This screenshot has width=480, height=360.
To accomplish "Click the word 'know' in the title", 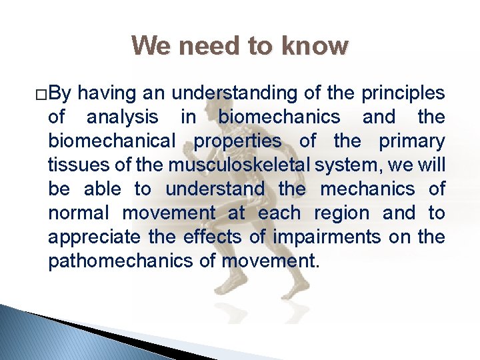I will pyautogui.click(x=315, y=46).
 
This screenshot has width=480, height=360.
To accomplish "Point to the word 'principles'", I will pyautogui.click(x=403, y=93).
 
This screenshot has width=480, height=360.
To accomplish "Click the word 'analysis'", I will pyautogui.click(x=123, y=117).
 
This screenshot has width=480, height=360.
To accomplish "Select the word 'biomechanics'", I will pyautogui.click(x=279, y=117).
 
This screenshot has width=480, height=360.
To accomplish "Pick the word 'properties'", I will pyautogui.click(x=237, y=141).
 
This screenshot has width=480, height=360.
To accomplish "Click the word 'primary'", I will pyautogui.click(x=411, y=141).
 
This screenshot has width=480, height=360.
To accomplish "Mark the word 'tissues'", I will pyautogui.click(x=72, y=165).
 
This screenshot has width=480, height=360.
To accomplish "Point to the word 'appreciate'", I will pyautogui.click(x=94, y=237).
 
